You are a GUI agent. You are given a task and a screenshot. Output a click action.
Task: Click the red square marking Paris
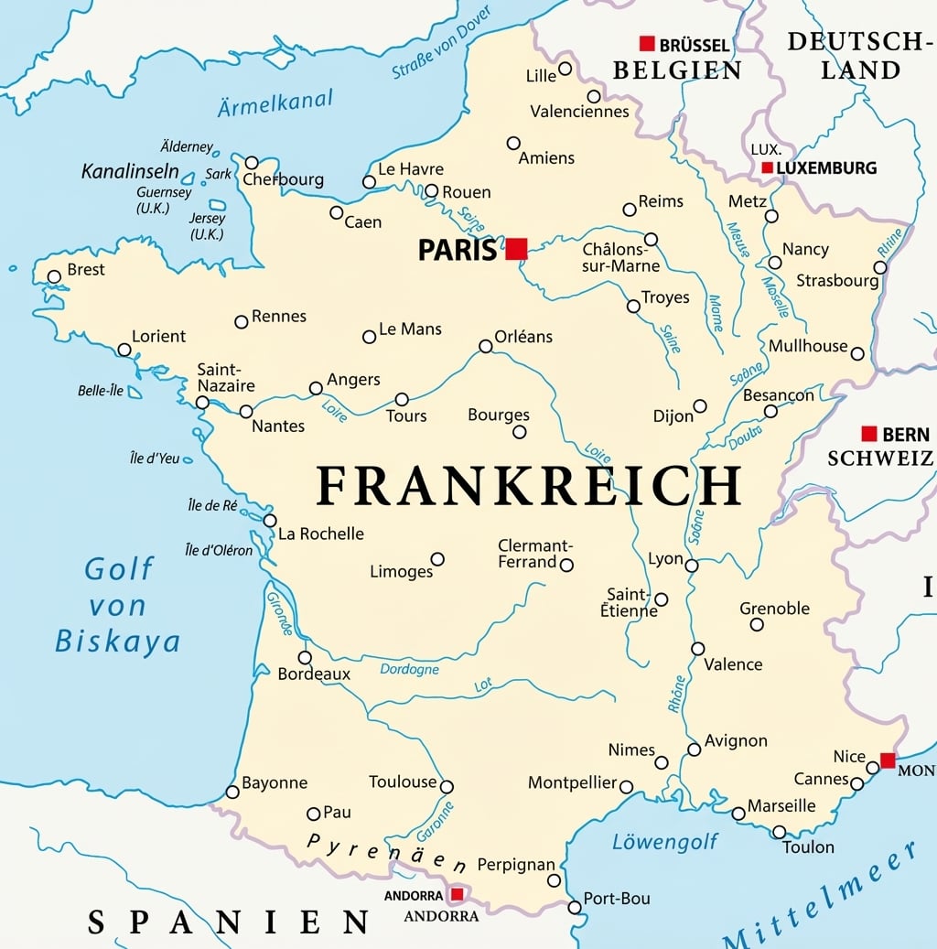[x=517, y=248]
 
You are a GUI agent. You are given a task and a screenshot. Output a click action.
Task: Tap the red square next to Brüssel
[x=647, y=43]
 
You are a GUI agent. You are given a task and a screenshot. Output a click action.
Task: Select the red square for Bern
[x=869, y=434]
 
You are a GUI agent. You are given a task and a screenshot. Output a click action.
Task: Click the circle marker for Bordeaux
[x=305, y=657]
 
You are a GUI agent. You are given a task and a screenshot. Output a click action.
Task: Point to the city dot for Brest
[x=54, y=276]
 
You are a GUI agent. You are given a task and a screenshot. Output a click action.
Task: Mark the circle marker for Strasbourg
[x=880, y=267]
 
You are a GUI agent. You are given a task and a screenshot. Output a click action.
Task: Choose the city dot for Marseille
[x=738, y=814]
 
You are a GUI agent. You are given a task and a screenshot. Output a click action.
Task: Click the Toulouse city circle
[x=447, y=787]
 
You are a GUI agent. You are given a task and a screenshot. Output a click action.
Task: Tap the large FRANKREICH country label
[x=528, y=486]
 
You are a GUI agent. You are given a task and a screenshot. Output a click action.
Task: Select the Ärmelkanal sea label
[x=275, y=102]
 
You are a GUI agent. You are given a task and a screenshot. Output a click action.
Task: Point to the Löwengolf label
[x=665, y=842]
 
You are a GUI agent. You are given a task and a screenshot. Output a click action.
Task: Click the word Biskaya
[x=117, y=641]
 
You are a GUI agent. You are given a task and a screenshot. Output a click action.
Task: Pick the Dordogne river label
[x=409, y=670]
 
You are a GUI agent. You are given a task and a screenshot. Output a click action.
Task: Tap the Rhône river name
[x=676, y=693]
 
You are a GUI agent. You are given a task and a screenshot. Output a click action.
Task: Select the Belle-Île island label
[x=101, y=391]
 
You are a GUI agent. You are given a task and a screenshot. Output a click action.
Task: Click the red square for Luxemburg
[x=767, y=167]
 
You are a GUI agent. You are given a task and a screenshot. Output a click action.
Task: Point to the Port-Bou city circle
[x=575, y=907]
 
